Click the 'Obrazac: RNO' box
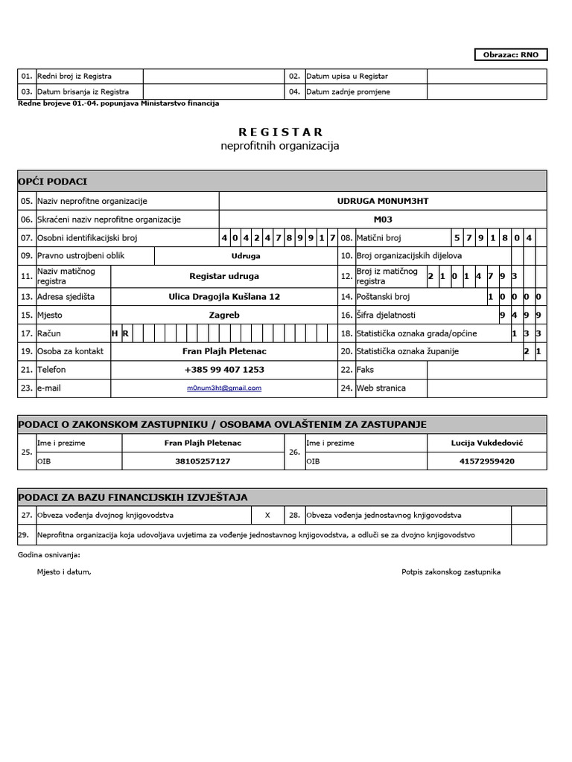(x=511, y=54)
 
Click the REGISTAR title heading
(x=280, y=132)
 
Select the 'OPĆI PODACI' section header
(x=52, y=182)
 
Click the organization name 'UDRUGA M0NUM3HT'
(x=383, y=201)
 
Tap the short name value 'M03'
(x=383, y=220)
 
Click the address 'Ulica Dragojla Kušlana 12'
(x=224, y=296)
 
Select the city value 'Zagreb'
(x=224, y=315)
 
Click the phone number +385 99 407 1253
(x=224, y=369)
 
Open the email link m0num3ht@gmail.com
(x=224, y=388)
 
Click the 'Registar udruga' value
(x=224, y=276)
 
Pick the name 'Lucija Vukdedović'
(x=487, y=443)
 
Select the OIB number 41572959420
(x=487, y=461)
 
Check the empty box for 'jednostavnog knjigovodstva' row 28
(x=529, y=515)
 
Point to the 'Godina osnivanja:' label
(x=48, y=554)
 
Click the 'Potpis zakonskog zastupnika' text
(x=451, y=571)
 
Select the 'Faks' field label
(x=365, y=369)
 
